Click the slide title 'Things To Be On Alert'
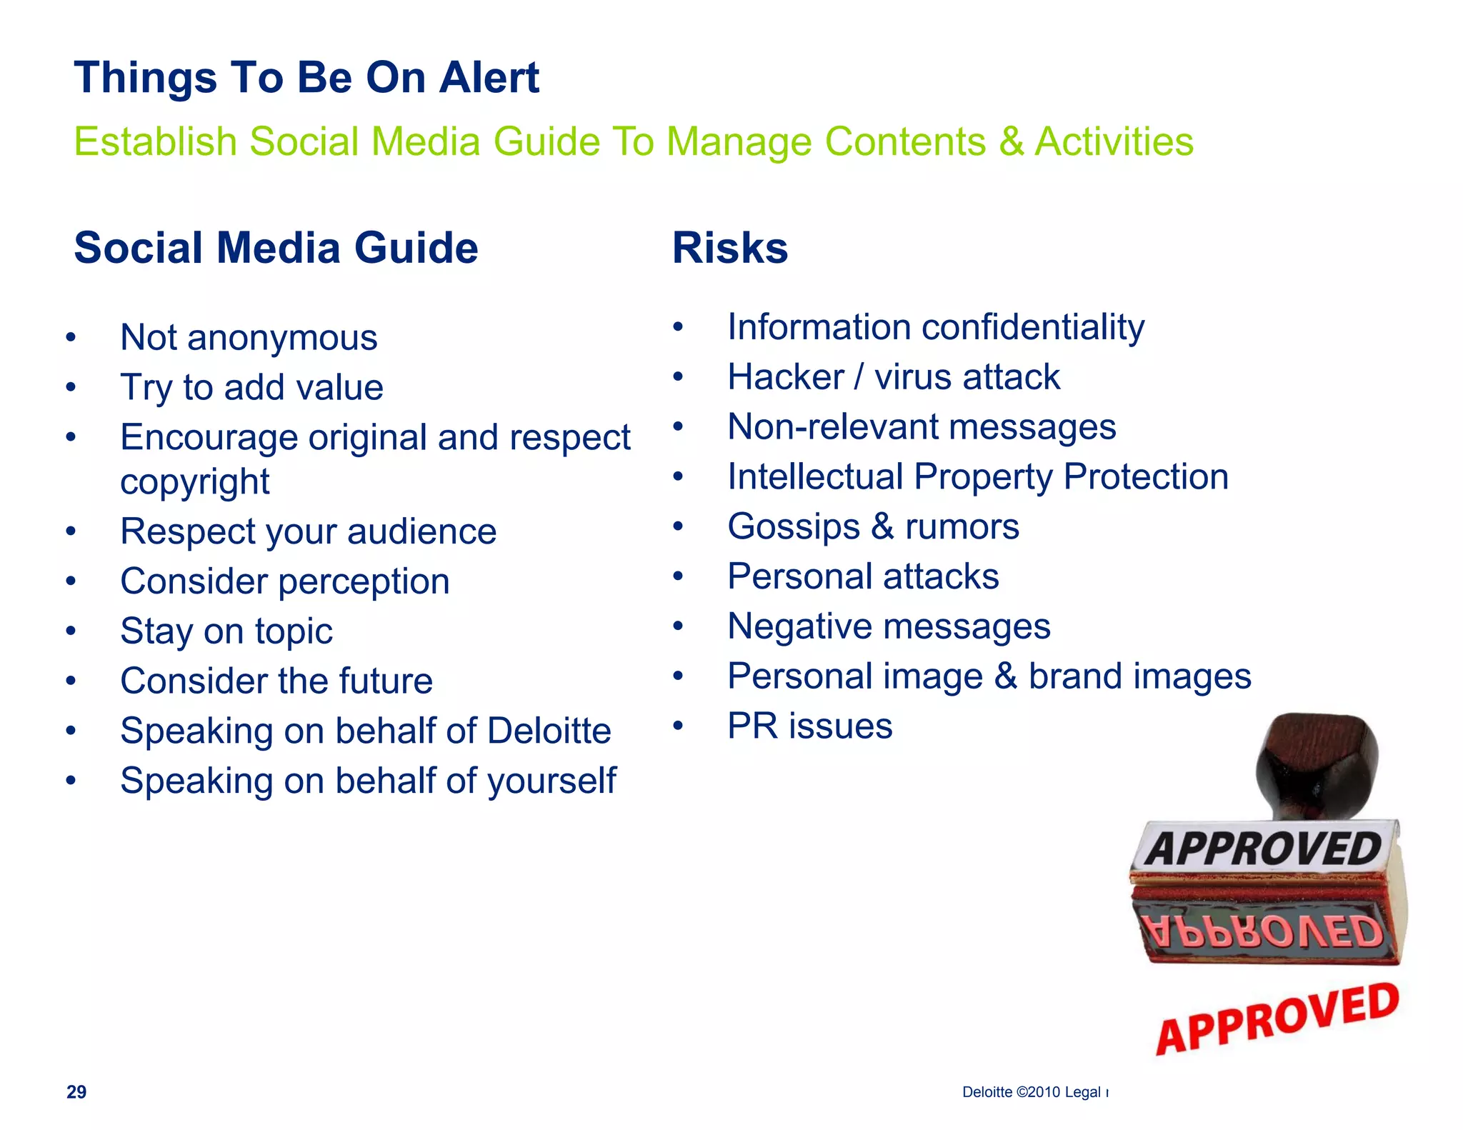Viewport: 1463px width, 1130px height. pyautogui.click(x=306, y=77)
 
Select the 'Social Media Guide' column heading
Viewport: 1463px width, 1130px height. pyautogui.click(x=276, y=248)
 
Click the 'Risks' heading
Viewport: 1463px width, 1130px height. pyautogui.click(x=729, y=248)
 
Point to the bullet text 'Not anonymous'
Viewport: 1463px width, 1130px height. pyautogui.click(x=249, y=337)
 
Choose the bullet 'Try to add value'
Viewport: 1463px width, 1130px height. pyautogui.click(x=251, y=387)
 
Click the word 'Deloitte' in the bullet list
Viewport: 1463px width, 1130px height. pyautogui.click(x=549, y=731)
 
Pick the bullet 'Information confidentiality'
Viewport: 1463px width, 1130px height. pyautogui.click(x=935, y=327)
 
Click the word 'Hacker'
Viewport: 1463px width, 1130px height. pyautogui.click(x=786, y=377)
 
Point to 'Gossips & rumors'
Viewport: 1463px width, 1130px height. pyautogui.click(x=873, y=527)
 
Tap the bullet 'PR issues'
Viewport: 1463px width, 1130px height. pyautogui.click(x=809, y=726)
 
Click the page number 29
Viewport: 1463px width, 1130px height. pyautogui.click(x=76, y=1091)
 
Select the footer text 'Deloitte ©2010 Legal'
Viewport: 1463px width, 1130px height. pyautogui.click(x=1031, y=1092)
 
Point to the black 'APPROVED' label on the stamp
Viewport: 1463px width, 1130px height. pyautogui.click(x=1264, y=849)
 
